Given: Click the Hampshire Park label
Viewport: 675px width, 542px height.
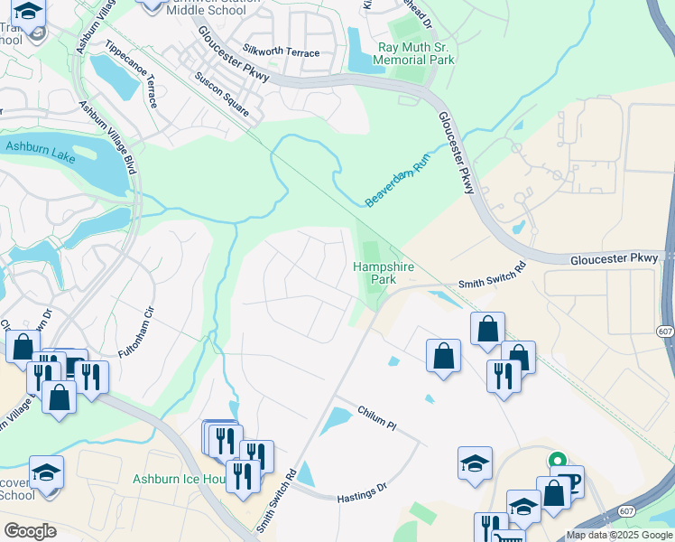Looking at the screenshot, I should (375, 273).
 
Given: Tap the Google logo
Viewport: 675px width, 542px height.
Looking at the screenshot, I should (30, 531).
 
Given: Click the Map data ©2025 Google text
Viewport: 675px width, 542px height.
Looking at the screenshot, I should (619, 535).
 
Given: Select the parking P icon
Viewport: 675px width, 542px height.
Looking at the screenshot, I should (568, 481).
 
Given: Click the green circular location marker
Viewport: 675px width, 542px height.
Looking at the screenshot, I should (557, 461).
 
